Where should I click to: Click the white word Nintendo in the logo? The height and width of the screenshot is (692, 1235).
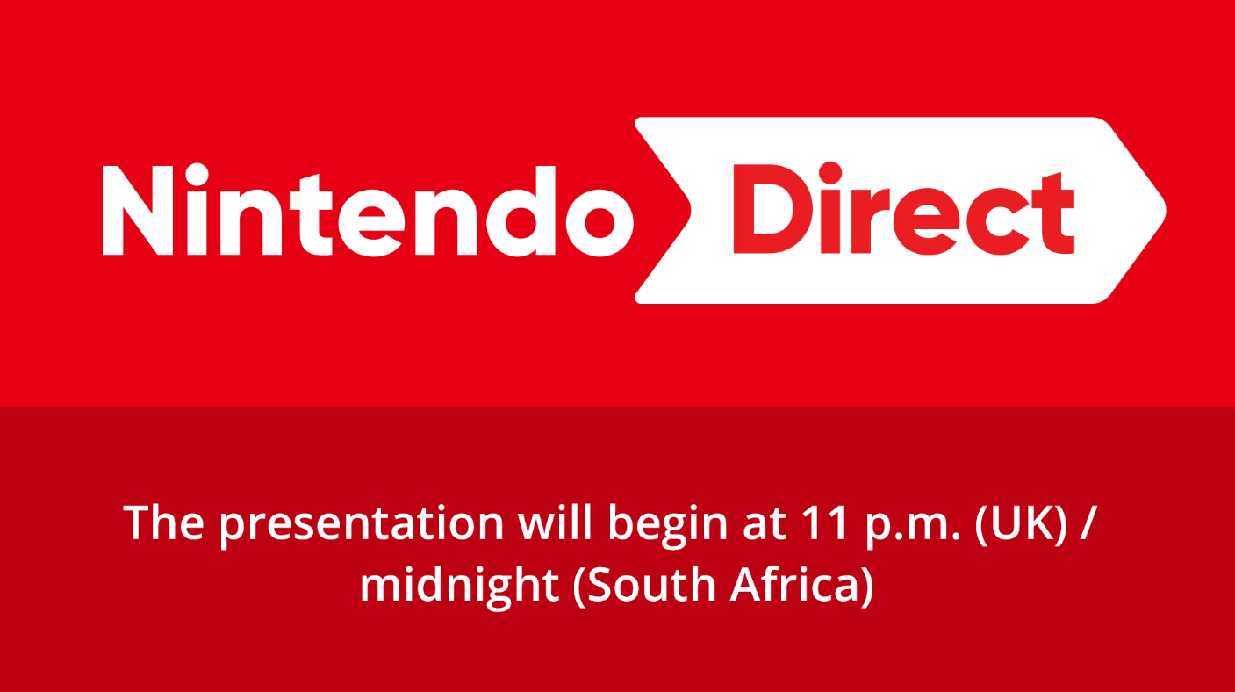(x=368, y=210)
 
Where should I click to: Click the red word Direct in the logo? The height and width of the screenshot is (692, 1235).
(x=903, y=208)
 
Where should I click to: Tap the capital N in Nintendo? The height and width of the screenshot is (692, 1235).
(x=138, y=211)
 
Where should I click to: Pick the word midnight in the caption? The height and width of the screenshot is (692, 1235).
(x=459, y=586)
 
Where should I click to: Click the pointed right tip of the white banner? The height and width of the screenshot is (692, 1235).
(x=1166, y=210)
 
